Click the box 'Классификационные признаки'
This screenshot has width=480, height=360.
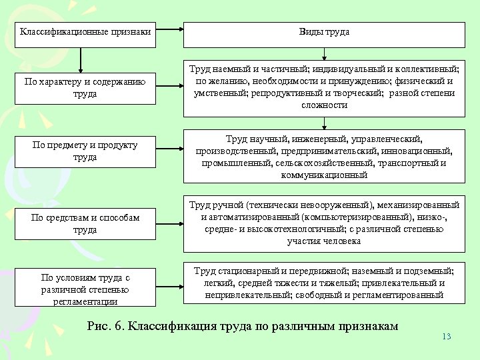tap(85, 31)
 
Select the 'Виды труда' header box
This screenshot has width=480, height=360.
tap(324, 31)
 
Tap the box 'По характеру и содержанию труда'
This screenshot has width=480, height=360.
tap(85, 88)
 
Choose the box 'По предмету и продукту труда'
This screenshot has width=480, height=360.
tap(85, 151)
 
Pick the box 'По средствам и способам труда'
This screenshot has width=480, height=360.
tap(85, 223)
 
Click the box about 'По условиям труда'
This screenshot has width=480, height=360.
tap(85, 289)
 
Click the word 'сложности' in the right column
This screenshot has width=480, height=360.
tap(324, 105)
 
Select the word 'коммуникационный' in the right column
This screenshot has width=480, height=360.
tap(324, 175)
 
